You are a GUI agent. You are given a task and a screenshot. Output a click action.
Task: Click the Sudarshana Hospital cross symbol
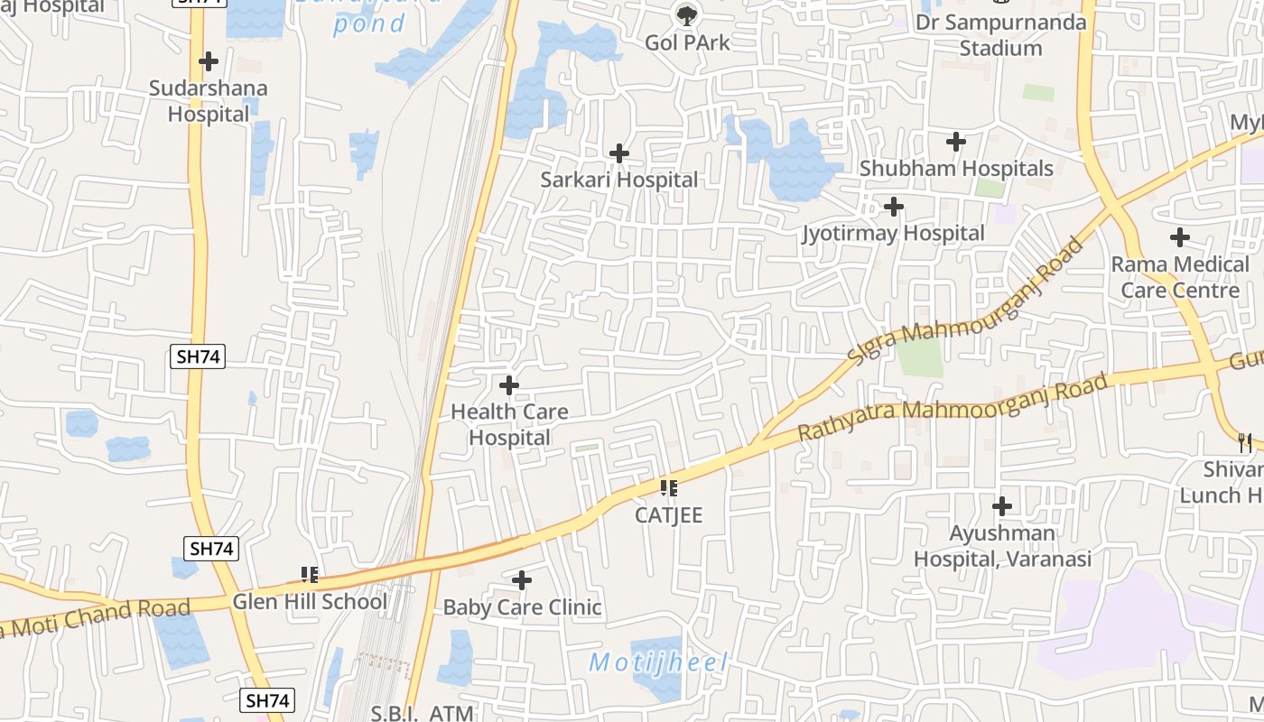coord(209,61)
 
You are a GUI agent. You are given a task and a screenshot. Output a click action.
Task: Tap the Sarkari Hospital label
coord(618,180)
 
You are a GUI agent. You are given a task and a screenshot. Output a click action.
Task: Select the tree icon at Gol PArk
coord(687,14)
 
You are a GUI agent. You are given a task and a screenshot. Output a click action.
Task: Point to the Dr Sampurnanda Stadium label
coord(1000,34)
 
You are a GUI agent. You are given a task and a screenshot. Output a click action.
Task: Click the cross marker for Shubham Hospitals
coord(956,142)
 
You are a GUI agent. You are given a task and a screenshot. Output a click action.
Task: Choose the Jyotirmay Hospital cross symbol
coord(894,207)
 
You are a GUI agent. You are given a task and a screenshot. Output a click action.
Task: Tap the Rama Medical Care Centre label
coord(1179,277)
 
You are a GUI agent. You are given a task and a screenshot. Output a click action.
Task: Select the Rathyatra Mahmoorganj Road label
coord(953,409)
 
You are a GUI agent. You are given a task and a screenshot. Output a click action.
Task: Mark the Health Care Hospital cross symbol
coord(509,385)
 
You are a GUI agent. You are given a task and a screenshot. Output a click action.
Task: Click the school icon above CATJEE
coord(669,488)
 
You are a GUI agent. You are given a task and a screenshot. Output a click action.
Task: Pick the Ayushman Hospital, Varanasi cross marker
coord(1002,506)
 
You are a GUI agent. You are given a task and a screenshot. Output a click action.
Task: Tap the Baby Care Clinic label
coord(522,607)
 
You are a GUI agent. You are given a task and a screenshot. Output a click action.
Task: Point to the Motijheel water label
coord(658,662)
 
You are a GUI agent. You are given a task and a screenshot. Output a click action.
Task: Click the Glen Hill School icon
coord(310,574)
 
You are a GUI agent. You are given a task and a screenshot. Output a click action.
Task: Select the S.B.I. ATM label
coord(422,713)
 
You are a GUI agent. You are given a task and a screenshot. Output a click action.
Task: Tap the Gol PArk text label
coord(687,42)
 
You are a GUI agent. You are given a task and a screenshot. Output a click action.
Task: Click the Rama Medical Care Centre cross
coord(1179,237)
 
